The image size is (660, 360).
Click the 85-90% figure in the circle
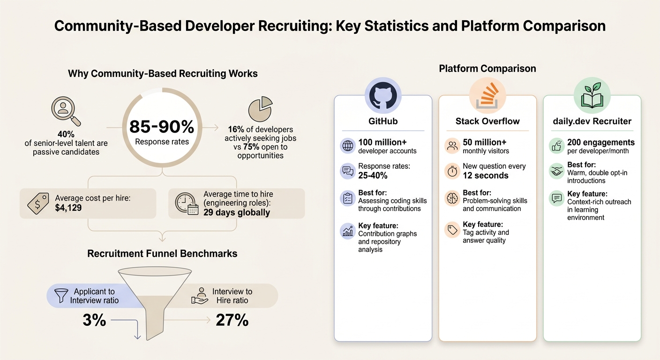(162, 127)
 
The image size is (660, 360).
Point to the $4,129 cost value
(68, 207)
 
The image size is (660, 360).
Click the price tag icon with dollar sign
(38, 203)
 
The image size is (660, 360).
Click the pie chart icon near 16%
(260, 108)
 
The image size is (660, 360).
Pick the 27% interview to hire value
(232, 320)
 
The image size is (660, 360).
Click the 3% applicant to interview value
(94, 320)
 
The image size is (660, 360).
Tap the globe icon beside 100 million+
(347, 146)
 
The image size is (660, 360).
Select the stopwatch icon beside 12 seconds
(452, 171)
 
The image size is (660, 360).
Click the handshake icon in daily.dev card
(556, 172)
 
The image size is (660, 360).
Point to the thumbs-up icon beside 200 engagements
(556, 146)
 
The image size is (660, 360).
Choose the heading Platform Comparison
(487, 68)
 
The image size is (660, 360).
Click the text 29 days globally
(236, 212)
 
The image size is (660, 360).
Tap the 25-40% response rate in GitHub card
(373, 175)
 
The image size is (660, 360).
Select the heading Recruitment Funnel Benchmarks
(162, 254)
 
